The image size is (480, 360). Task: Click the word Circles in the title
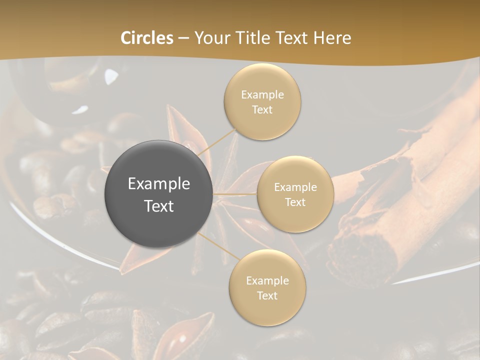tap(147, 38)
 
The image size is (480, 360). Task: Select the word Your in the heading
tap(210, 38)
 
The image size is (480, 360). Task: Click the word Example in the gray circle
tap(159, 184)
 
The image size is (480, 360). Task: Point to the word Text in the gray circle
tap(159, 206)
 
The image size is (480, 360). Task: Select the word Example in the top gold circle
tap(262, 95)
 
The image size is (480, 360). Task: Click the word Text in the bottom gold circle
tap(267, 295)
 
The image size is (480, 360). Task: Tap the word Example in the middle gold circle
tap(295, 187)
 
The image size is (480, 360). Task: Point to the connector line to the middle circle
tap(235, 193)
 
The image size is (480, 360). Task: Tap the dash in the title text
tap(183, 38)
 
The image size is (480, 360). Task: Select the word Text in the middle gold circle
tap(295, 202)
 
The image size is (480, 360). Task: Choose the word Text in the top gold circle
tap(262, 109)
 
